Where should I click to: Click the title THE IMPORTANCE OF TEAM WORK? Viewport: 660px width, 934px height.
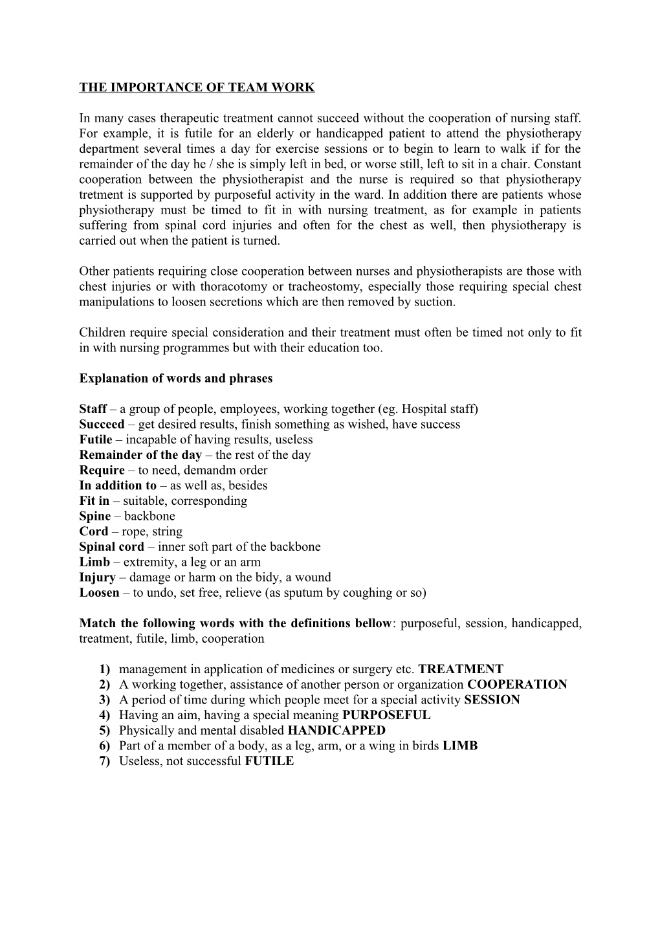(x=197, y=87)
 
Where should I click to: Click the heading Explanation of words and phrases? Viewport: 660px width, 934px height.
(x=175, y=379)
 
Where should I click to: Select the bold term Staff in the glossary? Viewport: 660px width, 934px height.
(x=93, y=409)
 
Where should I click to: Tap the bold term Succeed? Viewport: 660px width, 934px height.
(x=102, y=425)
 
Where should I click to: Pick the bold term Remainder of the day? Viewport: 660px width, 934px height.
(x=140, y=455)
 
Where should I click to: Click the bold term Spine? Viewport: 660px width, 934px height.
(x=94, y=517)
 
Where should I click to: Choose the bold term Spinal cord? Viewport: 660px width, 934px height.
(x=111, y=547)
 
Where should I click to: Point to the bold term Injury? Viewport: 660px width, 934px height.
(x=97, y=577)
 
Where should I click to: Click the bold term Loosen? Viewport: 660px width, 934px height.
(x=99, y=593)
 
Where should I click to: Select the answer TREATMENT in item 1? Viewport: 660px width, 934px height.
(x=461, y=669)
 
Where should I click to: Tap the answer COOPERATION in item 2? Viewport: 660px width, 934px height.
(x=517, y=685)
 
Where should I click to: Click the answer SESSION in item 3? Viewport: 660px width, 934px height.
(x=492, y=700)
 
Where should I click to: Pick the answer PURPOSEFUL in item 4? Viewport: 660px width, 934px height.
(x=386, y=715)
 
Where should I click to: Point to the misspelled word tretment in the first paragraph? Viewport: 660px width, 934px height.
(x=100, y=195)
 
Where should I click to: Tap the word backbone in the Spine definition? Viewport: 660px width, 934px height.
(x=149, y=517)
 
